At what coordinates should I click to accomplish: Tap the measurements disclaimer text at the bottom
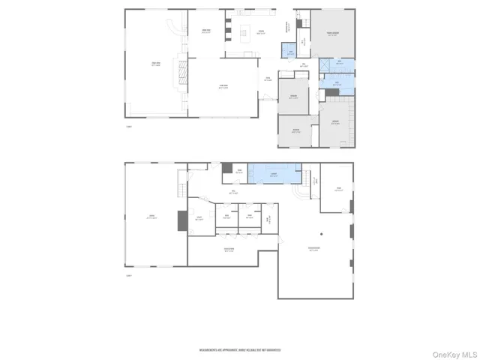[239, 349]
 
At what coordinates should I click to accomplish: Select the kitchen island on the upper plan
[245, 34]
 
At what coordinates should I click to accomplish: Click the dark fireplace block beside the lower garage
[180, 220]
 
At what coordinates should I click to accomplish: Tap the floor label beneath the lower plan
[129, 276]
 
